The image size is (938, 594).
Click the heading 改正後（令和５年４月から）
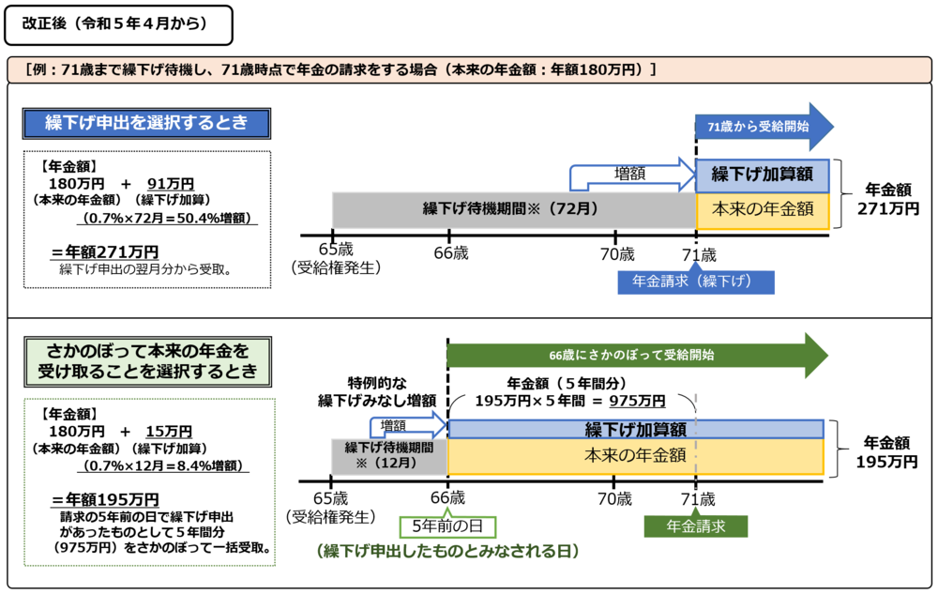tap(117, 26)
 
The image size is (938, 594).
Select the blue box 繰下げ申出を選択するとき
tap(147, 123)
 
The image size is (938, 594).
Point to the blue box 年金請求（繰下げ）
tap(696, 282)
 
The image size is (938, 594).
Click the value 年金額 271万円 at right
tap(886, 199)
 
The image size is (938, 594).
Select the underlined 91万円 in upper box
tap(171, 183)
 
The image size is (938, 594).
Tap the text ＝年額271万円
tap(105, 251)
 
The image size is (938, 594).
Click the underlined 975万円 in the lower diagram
tap(637, 401)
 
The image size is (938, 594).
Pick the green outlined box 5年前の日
tap(446, 525)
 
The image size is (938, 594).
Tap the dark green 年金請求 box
tap(696, 525)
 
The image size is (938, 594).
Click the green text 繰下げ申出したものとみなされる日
tap(446, 551)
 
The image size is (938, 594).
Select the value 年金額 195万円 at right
tap(886, 451)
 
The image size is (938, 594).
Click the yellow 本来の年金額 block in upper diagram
tap(762, 208)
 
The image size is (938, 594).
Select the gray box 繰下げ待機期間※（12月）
tap(389, 455)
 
